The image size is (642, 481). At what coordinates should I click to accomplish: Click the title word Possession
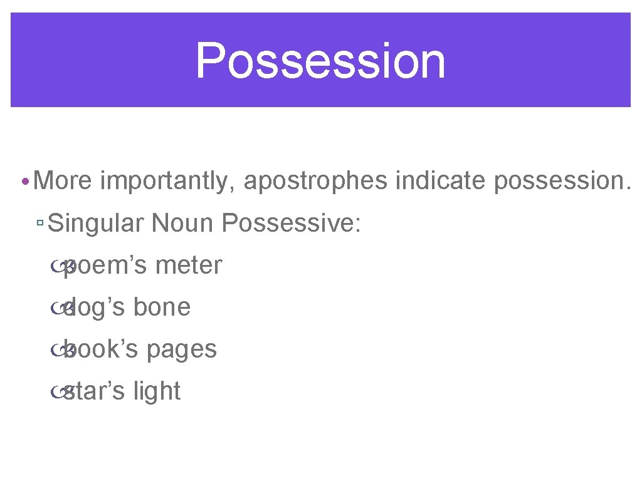[320, 61]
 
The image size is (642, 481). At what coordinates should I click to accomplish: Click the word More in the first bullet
[63, 181]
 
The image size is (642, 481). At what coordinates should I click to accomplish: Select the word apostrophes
[315, 182]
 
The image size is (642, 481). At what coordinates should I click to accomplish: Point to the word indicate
[441, 181]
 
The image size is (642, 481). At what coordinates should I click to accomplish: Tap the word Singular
[96, 223]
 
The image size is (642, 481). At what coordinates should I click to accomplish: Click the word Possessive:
[292, 223]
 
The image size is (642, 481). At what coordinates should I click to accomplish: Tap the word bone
[162, 308]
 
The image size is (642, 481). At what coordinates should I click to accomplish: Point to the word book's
[100, 349]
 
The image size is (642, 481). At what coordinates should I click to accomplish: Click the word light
[157, 391]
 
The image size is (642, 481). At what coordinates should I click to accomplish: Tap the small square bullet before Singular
[39, 224]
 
